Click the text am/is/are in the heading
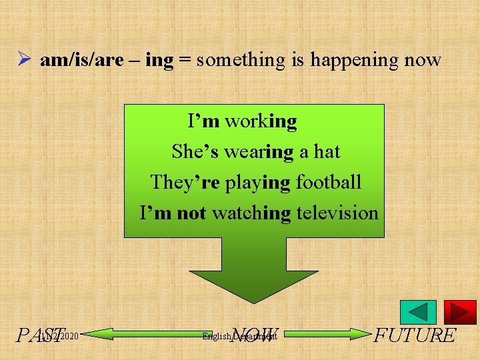coord(81,61)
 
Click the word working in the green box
coord(261,121)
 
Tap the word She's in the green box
coord(193,152)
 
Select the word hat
coord(327,152)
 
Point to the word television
coord(337,213)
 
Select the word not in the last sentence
coord(191,213)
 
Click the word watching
coord(252,213)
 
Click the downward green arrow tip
coord(254,297)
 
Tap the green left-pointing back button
coord(418,312)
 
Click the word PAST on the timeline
coord(41,335)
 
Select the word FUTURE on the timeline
coord(415,335)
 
